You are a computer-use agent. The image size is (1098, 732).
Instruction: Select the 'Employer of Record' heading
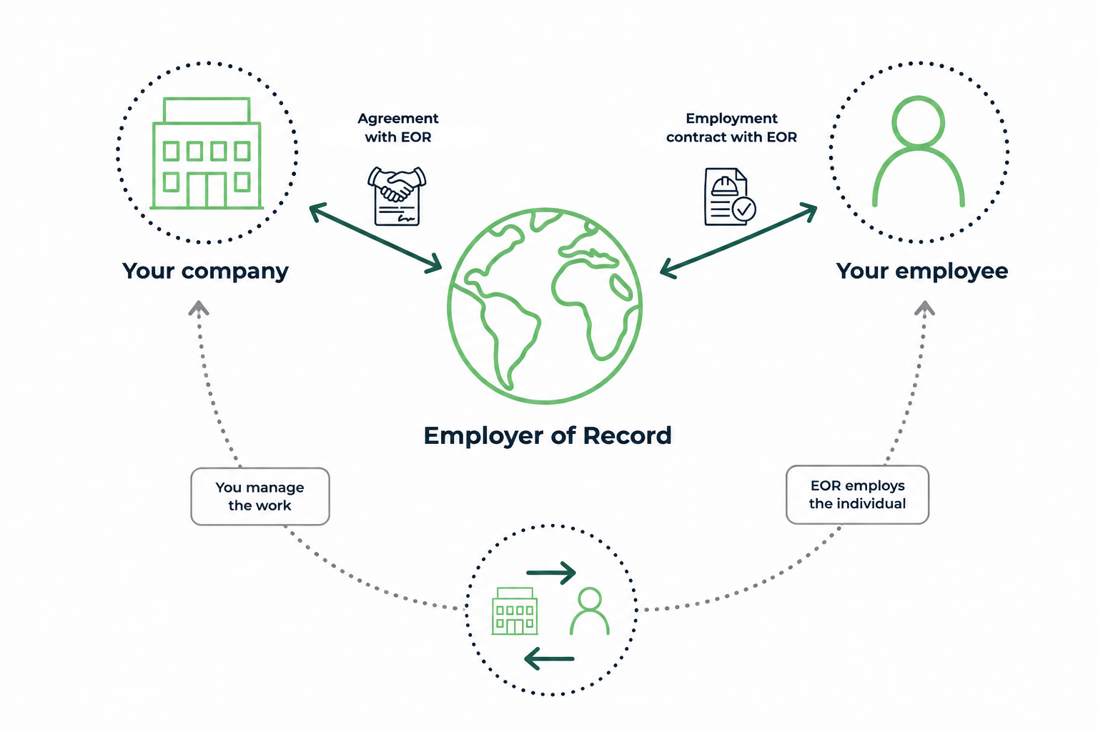point(548,436)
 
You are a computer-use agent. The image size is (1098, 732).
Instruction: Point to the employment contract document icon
point(730,197)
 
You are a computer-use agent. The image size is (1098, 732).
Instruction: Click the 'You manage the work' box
point(260,497)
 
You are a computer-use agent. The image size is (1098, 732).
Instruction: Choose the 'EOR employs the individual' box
point(857,495)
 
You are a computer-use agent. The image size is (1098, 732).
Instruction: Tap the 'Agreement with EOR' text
point(398,127)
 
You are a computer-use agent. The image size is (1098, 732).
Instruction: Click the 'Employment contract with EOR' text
point(731,127)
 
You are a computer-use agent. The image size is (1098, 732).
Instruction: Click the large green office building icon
point(207,154)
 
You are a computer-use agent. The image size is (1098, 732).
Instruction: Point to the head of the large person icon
point(918,122)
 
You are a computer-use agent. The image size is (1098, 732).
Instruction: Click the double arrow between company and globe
point(375,237)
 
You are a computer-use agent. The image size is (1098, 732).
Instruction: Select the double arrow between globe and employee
point(738,241)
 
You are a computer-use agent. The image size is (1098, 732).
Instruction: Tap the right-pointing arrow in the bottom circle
point(551,573)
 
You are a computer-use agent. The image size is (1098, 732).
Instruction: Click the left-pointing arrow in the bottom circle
point(549,658)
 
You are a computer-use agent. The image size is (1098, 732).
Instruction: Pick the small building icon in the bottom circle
point(515,611)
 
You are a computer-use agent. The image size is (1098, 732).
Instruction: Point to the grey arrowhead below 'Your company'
point(199,308)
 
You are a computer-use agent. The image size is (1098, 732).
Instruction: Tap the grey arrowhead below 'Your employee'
point(924,308)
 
